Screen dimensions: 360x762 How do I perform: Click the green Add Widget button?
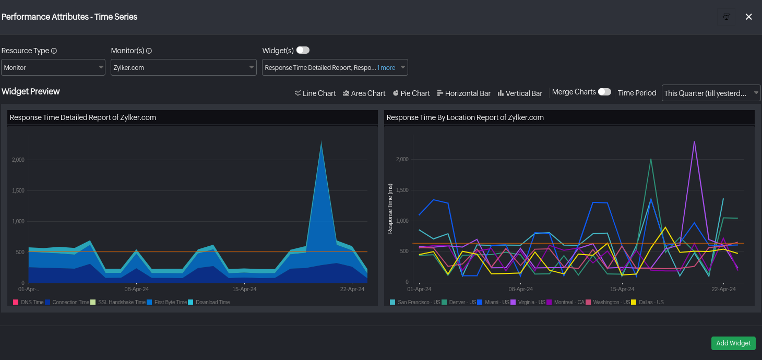click(733, 343)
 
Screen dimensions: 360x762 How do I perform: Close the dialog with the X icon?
click(748, 17)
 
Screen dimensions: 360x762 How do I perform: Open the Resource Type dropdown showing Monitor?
click(53, 67)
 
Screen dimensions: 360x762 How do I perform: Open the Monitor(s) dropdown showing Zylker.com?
click(183, 67)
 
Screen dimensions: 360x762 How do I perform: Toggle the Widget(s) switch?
click(303, 50)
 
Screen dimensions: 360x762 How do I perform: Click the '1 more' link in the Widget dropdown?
click(386, 68)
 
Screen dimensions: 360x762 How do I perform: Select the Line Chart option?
click(315, 93)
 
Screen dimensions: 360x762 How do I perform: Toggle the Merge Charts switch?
click(604, 92)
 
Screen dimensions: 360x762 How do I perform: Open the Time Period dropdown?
click(711, 93)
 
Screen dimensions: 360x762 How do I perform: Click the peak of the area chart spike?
click(322, 142)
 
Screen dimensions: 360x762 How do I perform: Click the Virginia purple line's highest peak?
click(694, 141)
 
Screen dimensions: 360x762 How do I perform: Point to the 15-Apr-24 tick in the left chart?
click(244, 289)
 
